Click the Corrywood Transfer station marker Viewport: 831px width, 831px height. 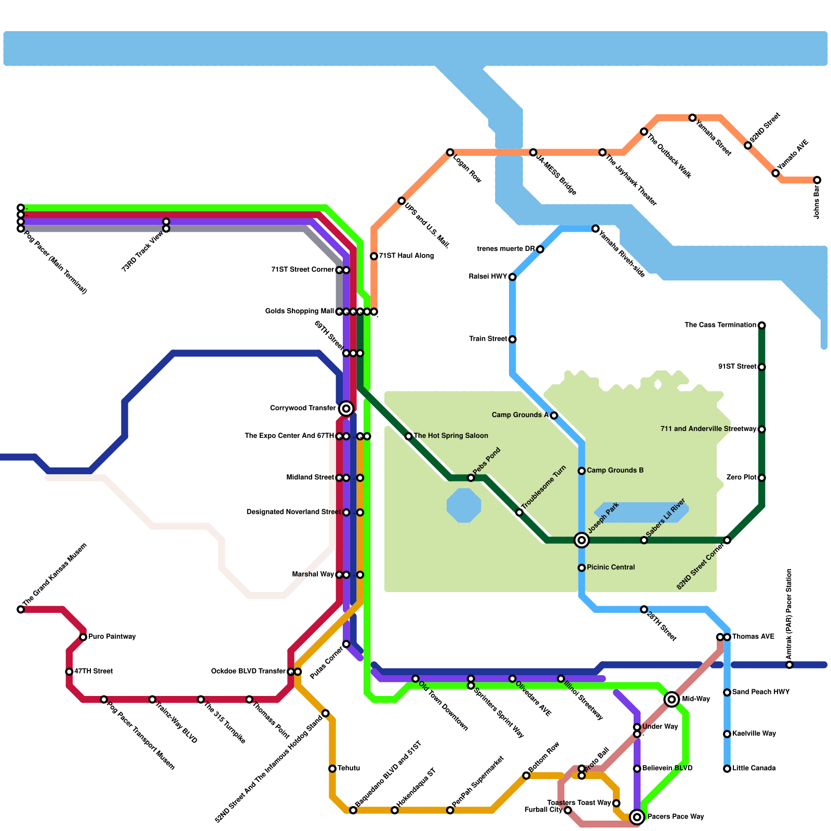(x=346, y=408)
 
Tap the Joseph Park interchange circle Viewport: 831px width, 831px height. (x=582, y=540)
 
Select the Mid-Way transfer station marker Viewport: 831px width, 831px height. (x=672, y=699)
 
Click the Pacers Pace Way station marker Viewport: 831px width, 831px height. (x=637, y=817)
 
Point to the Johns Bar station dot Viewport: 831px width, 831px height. (x=817, y=180)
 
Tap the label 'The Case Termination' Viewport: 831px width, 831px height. (x=720, y=325)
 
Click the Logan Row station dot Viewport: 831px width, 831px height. (x=450, y=152)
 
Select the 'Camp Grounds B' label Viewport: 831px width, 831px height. (x=615, y=471)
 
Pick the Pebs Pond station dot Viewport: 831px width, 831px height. (x=471, y=478)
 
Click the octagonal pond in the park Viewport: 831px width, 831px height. (x=464, y=505)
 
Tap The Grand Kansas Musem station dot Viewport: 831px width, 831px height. (x=21, y=609)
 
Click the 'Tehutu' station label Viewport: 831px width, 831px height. (x=349, y=768)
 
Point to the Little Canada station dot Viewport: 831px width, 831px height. (x=727, y=769)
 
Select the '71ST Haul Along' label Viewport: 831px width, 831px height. (x=406, y=256)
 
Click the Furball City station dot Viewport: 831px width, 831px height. (x=568, y=810)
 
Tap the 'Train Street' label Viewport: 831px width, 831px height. (x=488, y=339)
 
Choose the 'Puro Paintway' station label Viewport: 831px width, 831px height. (x=112, y=637)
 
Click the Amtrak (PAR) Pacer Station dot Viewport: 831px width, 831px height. (x=789, y=665)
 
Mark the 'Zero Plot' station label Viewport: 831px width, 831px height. (x=741, y=477)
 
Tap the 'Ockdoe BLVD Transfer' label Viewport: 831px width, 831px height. (x=248, y=672)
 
